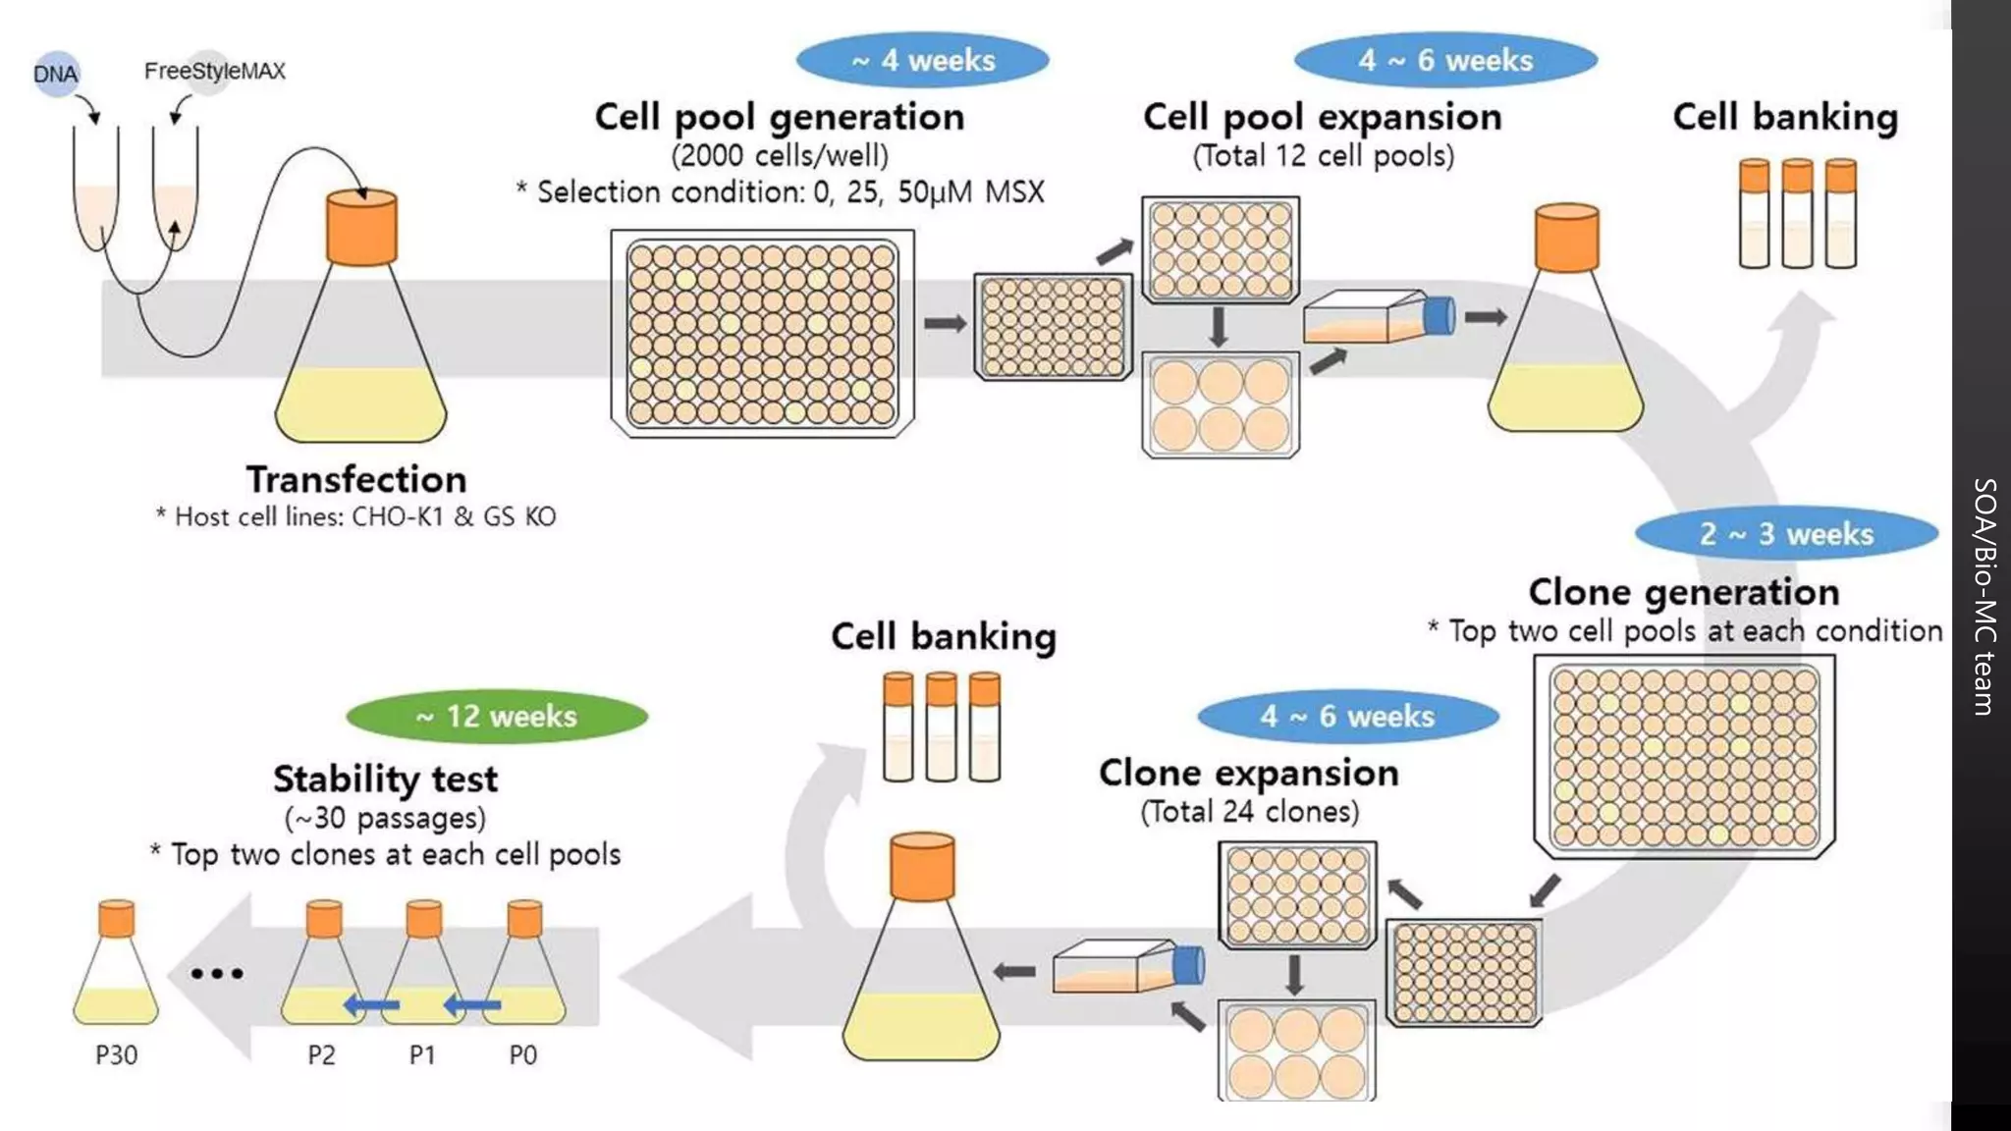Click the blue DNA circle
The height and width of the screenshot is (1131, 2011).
click(x=56, y=74)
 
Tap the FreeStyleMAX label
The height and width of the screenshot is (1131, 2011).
click(x=214, y=71)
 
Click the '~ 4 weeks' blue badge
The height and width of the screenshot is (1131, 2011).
click(x=922, y=60)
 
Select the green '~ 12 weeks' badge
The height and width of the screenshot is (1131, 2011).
click(x=497, y=716)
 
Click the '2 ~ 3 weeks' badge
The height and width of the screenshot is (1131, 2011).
click(x=1786, y=533)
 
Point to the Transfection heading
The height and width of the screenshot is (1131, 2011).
click(x=356, y=479)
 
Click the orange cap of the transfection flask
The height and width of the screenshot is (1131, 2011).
click(x=361, y=228)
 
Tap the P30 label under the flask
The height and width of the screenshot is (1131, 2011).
click(x=116, y=1054)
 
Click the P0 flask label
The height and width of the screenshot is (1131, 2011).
click(x=522, y=1054)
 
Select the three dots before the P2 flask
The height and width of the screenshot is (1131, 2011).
click(x=217, y=973)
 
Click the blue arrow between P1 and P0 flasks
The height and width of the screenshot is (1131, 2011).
click(x=472, y=1004)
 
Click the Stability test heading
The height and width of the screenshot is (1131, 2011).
click(x=385, y=779)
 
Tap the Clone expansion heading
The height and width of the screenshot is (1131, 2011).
click(x=1248, y=773)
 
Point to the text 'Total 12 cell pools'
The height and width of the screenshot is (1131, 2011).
click(x=1323, y=155)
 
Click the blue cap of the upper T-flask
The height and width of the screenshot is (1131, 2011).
click(x=1439, y=316)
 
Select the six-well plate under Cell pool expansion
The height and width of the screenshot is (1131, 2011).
click(x=1220, y=404)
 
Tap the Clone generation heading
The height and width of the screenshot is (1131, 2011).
click(x=1683, y=592)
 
